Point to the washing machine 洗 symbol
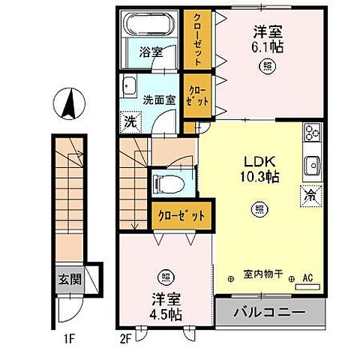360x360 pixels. coord(131,120)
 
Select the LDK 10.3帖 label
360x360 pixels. coord(260,168)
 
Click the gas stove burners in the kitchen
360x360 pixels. coord(312,134)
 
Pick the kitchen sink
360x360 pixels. coord(312,164)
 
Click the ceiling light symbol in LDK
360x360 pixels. coord(259,208)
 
